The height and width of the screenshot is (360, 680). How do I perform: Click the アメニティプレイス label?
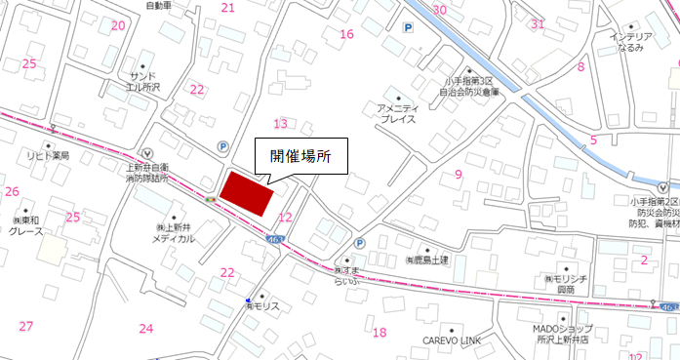point(397,112)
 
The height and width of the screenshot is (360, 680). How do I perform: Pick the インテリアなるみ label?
point(631,42)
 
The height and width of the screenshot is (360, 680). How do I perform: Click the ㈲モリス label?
point(262,306)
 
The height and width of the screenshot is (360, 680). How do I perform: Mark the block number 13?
point(281,124)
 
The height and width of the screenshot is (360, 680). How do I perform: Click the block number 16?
point(346,34)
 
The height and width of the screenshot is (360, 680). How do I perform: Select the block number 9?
point(458,175)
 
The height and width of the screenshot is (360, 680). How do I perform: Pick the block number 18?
point(380,333)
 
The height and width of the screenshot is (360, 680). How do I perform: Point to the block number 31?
point(538,23)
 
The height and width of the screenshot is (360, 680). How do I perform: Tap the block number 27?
point(26,326)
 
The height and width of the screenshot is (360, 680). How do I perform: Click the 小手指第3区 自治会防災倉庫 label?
point(469,86)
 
